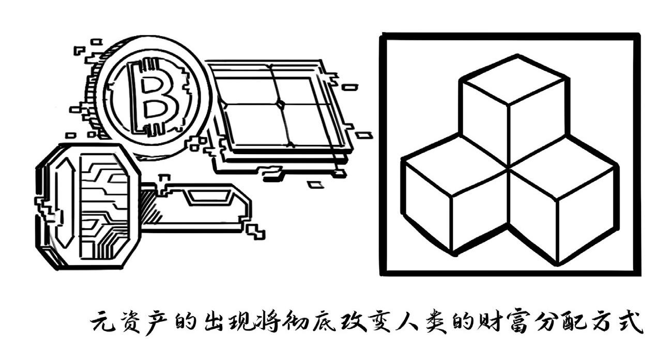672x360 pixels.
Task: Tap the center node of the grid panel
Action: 280,104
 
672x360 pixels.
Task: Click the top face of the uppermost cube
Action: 514,80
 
